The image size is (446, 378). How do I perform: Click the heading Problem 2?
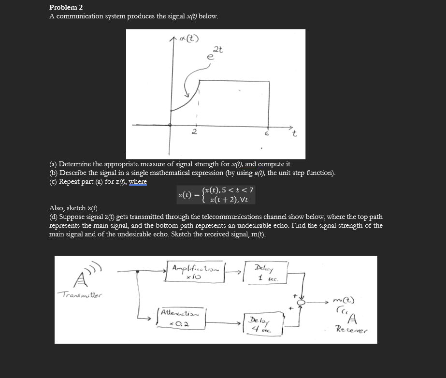pyautogui.click(x=66, y=7)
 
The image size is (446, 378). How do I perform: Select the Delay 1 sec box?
pyautogui.click(x=265, y=273)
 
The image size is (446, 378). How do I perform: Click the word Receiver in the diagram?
pyautogui.click(x=352, y=331)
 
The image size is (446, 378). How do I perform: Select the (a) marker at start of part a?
pyautogui.click(x=54, y=164)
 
